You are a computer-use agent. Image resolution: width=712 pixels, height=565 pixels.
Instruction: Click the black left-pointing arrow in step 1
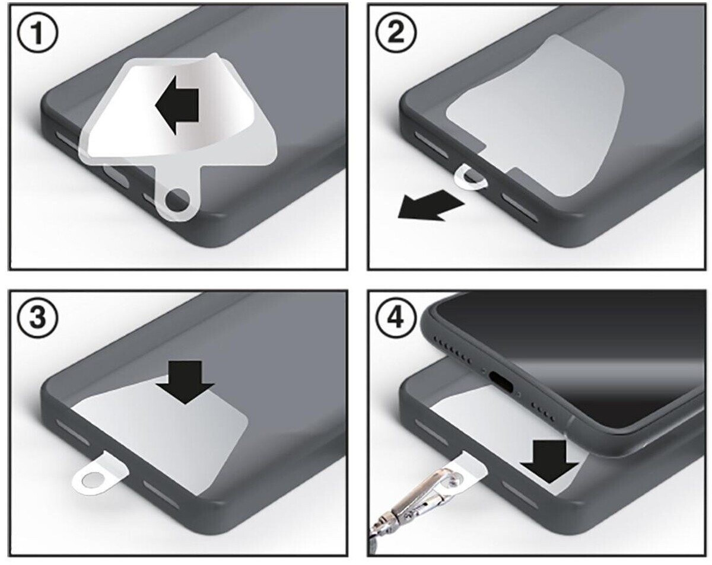click(177, 105)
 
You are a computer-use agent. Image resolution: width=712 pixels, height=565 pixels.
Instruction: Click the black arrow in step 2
click(431, 206)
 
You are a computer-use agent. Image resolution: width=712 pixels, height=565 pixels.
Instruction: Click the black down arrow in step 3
click(186, 382)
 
